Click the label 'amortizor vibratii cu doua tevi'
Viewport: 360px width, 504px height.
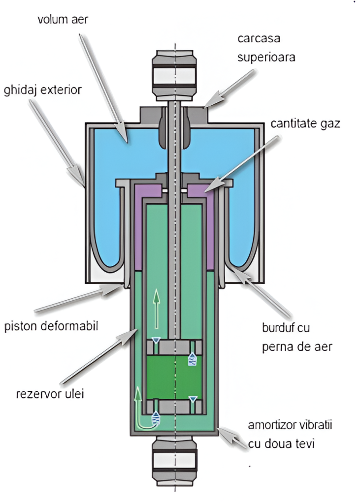click(x=281, y=433)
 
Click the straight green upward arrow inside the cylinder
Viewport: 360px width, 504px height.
click(x=157, y=308)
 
